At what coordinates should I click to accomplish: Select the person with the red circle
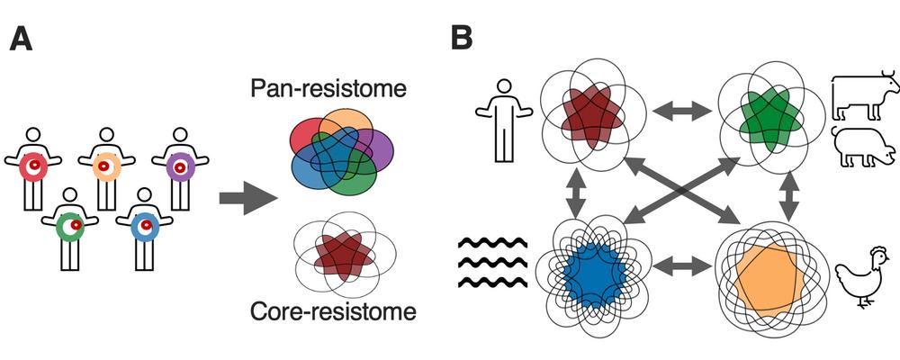pos(33,166)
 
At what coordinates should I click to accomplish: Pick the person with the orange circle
pos(107,166)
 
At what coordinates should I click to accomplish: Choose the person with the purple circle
pos(180,166)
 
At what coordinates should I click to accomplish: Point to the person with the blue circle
pos(143,225)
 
